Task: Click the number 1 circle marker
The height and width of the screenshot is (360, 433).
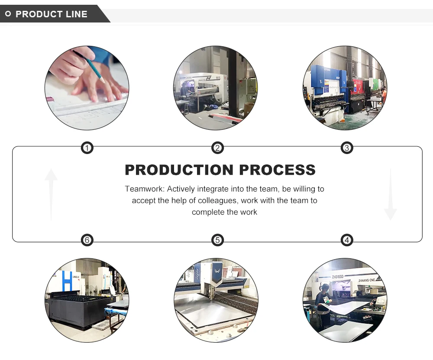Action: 87,148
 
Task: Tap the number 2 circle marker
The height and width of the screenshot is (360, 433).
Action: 217,148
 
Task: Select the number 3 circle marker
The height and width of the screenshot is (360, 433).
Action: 347,148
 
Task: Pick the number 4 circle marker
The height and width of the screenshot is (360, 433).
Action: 347,240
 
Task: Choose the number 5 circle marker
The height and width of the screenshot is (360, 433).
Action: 217,240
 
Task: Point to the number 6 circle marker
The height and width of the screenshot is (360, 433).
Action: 87,240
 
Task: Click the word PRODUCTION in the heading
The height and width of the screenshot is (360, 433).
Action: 178,170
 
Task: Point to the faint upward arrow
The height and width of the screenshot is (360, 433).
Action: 51,194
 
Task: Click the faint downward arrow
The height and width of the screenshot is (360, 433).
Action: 390,195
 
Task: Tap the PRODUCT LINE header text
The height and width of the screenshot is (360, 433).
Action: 52,14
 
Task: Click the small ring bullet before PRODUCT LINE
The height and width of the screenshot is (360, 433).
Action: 8,14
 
